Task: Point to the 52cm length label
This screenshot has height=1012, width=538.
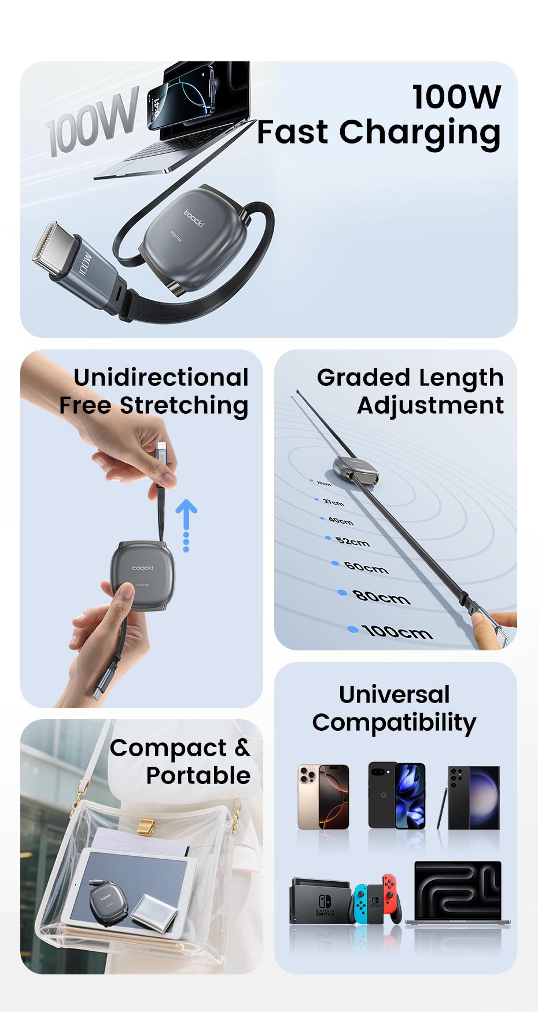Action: [x=352, y=542]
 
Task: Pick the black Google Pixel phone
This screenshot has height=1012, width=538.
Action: [x=397, y=796]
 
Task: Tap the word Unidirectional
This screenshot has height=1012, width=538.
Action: [x=161, y=378]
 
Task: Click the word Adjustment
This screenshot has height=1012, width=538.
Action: [x=430, y=405]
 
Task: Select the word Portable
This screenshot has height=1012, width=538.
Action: [x=198, y=775]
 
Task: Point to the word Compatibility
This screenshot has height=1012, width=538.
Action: [x=394, y=722]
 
